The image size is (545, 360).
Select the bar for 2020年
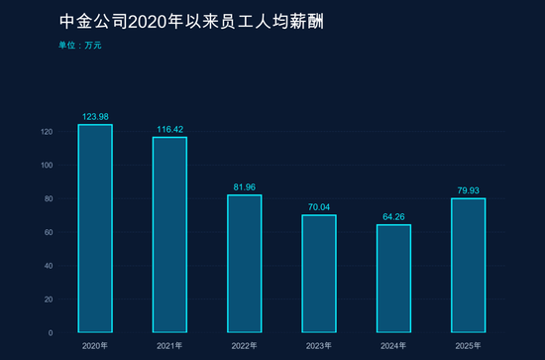(95, 228)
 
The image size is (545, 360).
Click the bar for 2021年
(169, 234)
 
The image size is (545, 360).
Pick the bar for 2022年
(244, 263)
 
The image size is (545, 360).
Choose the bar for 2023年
(318, 273)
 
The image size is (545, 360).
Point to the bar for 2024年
(393, 278)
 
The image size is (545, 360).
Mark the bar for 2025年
(468, 265)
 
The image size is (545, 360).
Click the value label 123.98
(95, 117)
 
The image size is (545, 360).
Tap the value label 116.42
(169, 129)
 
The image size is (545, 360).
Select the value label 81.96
(244, 187)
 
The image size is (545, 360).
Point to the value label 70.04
(318, 207)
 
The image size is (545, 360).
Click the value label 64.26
(393, 217)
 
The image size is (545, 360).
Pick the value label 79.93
(468, 190)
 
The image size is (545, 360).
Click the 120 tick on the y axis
(47, 132)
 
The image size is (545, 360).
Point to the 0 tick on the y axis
(51, 332)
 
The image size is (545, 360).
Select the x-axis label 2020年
(95, 345)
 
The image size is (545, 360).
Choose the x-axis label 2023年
(318, 345)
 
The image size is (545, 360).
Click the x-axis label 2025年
(468, 345)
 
